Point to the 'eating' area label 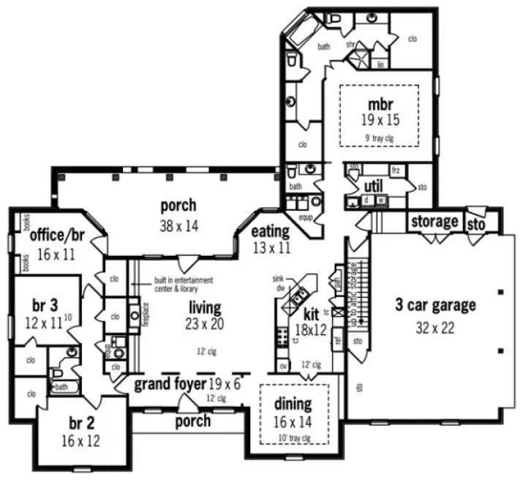pyautogui.click(x=270, y=233)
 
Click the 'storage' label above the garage pyautogui.click(x=434, y=221)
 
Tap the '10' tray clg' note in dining pyautogui.click(x=293, y=437)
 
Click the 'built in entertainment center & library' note pyautogui.click(x=183, y=284)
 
